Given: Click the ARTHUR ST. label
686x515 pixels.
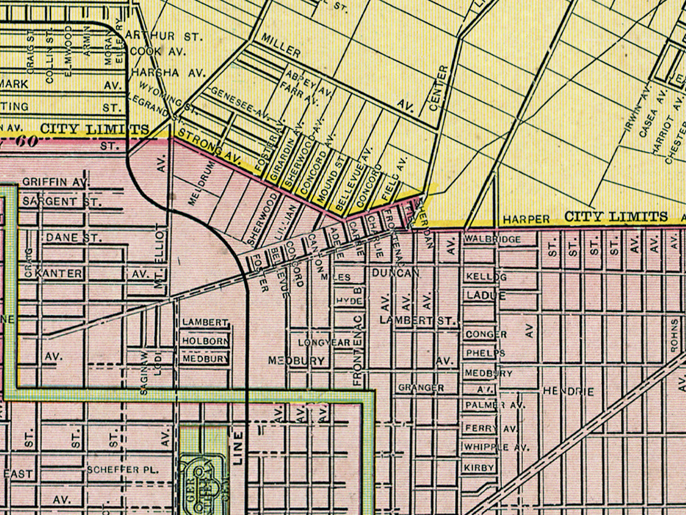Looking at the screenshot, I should pos(164,36).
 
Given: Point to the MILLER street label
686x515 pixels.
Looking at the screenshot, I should pos(281,45).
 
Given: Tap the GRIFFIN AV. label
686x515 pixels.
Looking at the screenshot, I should pos(53,183).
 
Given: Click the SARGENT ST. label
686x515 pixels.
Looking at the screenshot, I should pos(61,201).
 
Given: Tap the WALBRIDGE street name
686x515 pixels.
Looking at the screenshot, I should pos(493,239).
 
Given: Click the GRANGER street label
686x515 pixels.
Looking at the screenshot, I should pos(421,388).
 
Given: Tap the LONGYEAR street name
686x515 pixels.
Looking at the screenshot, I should pos(324,342).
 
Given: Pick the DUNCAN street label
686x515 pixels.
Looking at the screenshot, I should pos(392,274).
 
